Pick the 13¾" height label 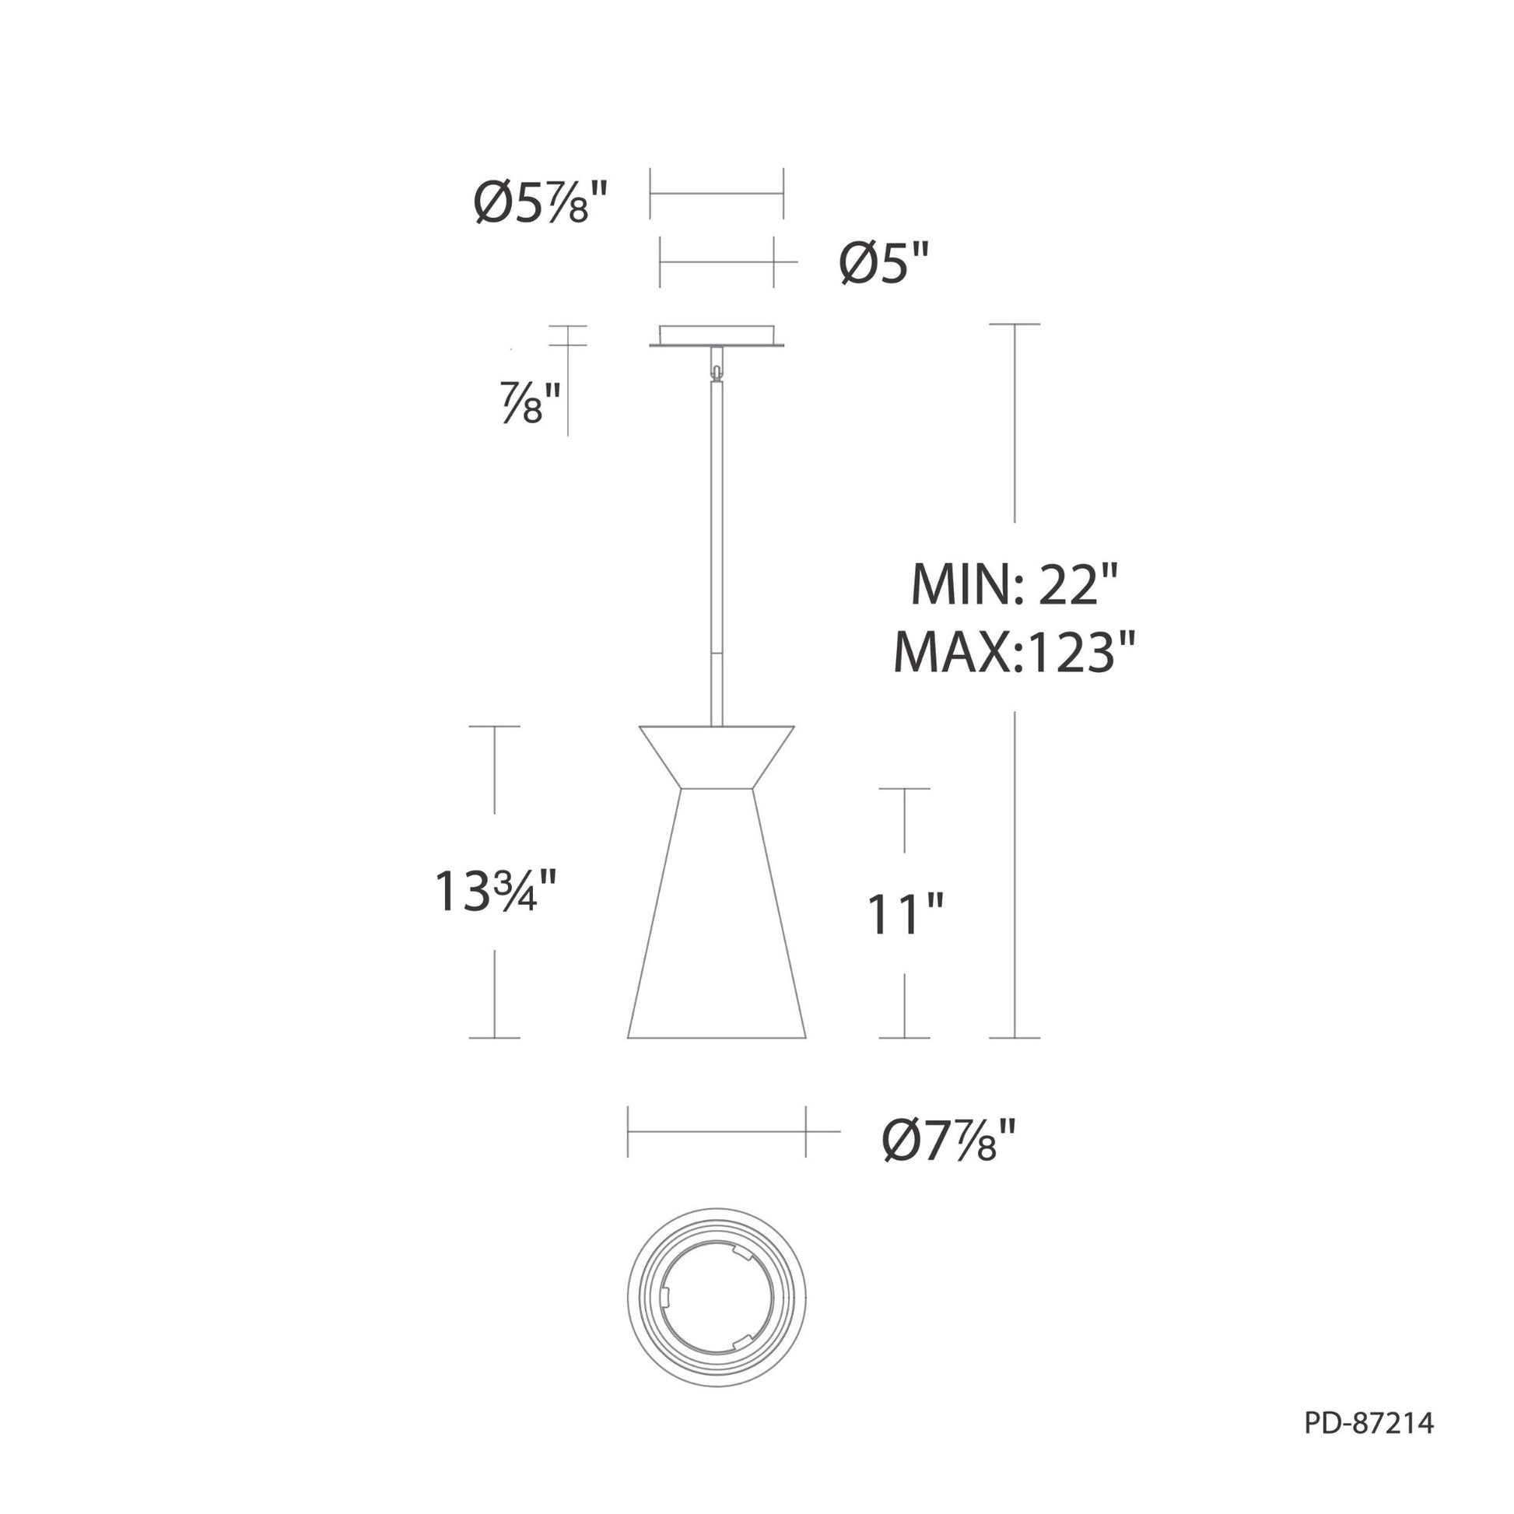tap(496, 892)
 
